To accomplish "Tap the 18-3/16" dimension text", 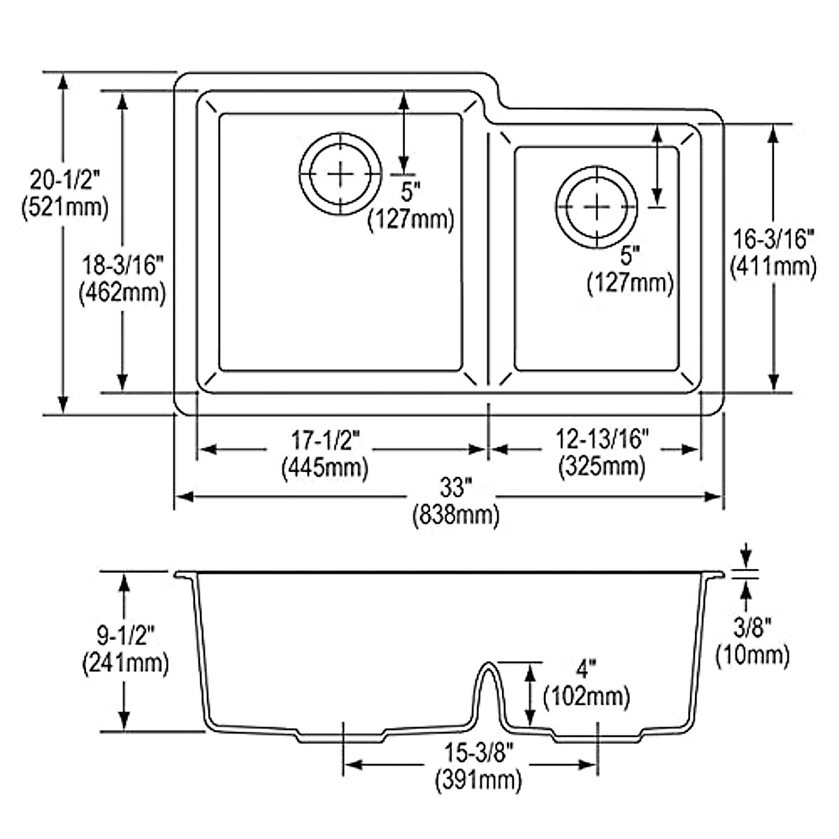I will click(x=122, y=266).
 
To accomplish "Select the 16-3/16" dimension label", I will click(x=773, y=239).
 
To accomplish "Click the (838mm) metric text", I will click(x=457, y=516).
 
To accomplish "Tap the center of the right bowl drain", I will click(x=596, y=206).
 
